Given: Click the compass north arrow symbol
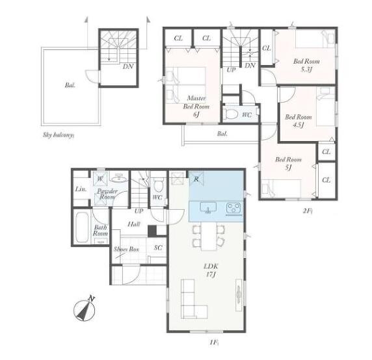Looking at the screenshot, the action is point(85,309).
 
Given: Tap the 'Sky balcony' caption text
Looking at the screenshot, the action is point(59,135).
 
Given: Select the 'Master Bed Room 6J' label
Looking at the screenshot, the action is point(196,106).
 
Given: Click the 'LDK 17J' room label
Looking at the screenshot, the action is point(211,270).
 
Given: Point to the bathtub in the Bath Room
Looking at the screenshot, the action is point(82,227).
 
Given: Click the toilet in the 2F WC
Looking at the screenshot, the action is point(231,114).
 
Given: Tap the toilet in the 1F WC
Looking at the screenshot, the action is point(158,185).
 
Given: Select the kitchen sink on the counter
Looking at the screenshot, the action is point(208,208).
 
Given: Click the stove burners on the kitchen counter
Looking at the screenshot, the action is point(234,209).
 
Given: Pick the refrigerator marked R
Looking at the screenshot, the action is point(196,179).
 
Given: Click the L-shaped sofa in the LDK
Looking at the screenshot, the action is point(194,299).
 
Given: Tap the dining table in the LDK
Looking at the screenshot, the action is point(209,237).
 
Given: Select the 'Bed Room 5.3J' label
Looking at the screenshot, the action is point(306,65).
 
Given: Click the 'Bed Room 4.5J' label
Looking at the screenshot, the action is point(299,121).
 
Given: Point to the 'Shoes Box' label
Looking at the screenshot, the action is point(126,249).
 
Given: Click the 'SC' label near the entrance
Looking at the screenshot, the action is point(158,248).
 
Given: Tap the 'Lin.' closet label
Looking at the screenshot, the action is point(81,189).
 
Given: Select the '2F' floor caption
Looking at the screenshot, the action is point(308,211).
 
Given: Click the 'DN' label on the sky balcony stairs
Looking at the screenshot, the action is point(128,66).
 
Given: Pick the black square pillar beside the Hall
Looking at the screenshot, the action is point(152,231).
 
